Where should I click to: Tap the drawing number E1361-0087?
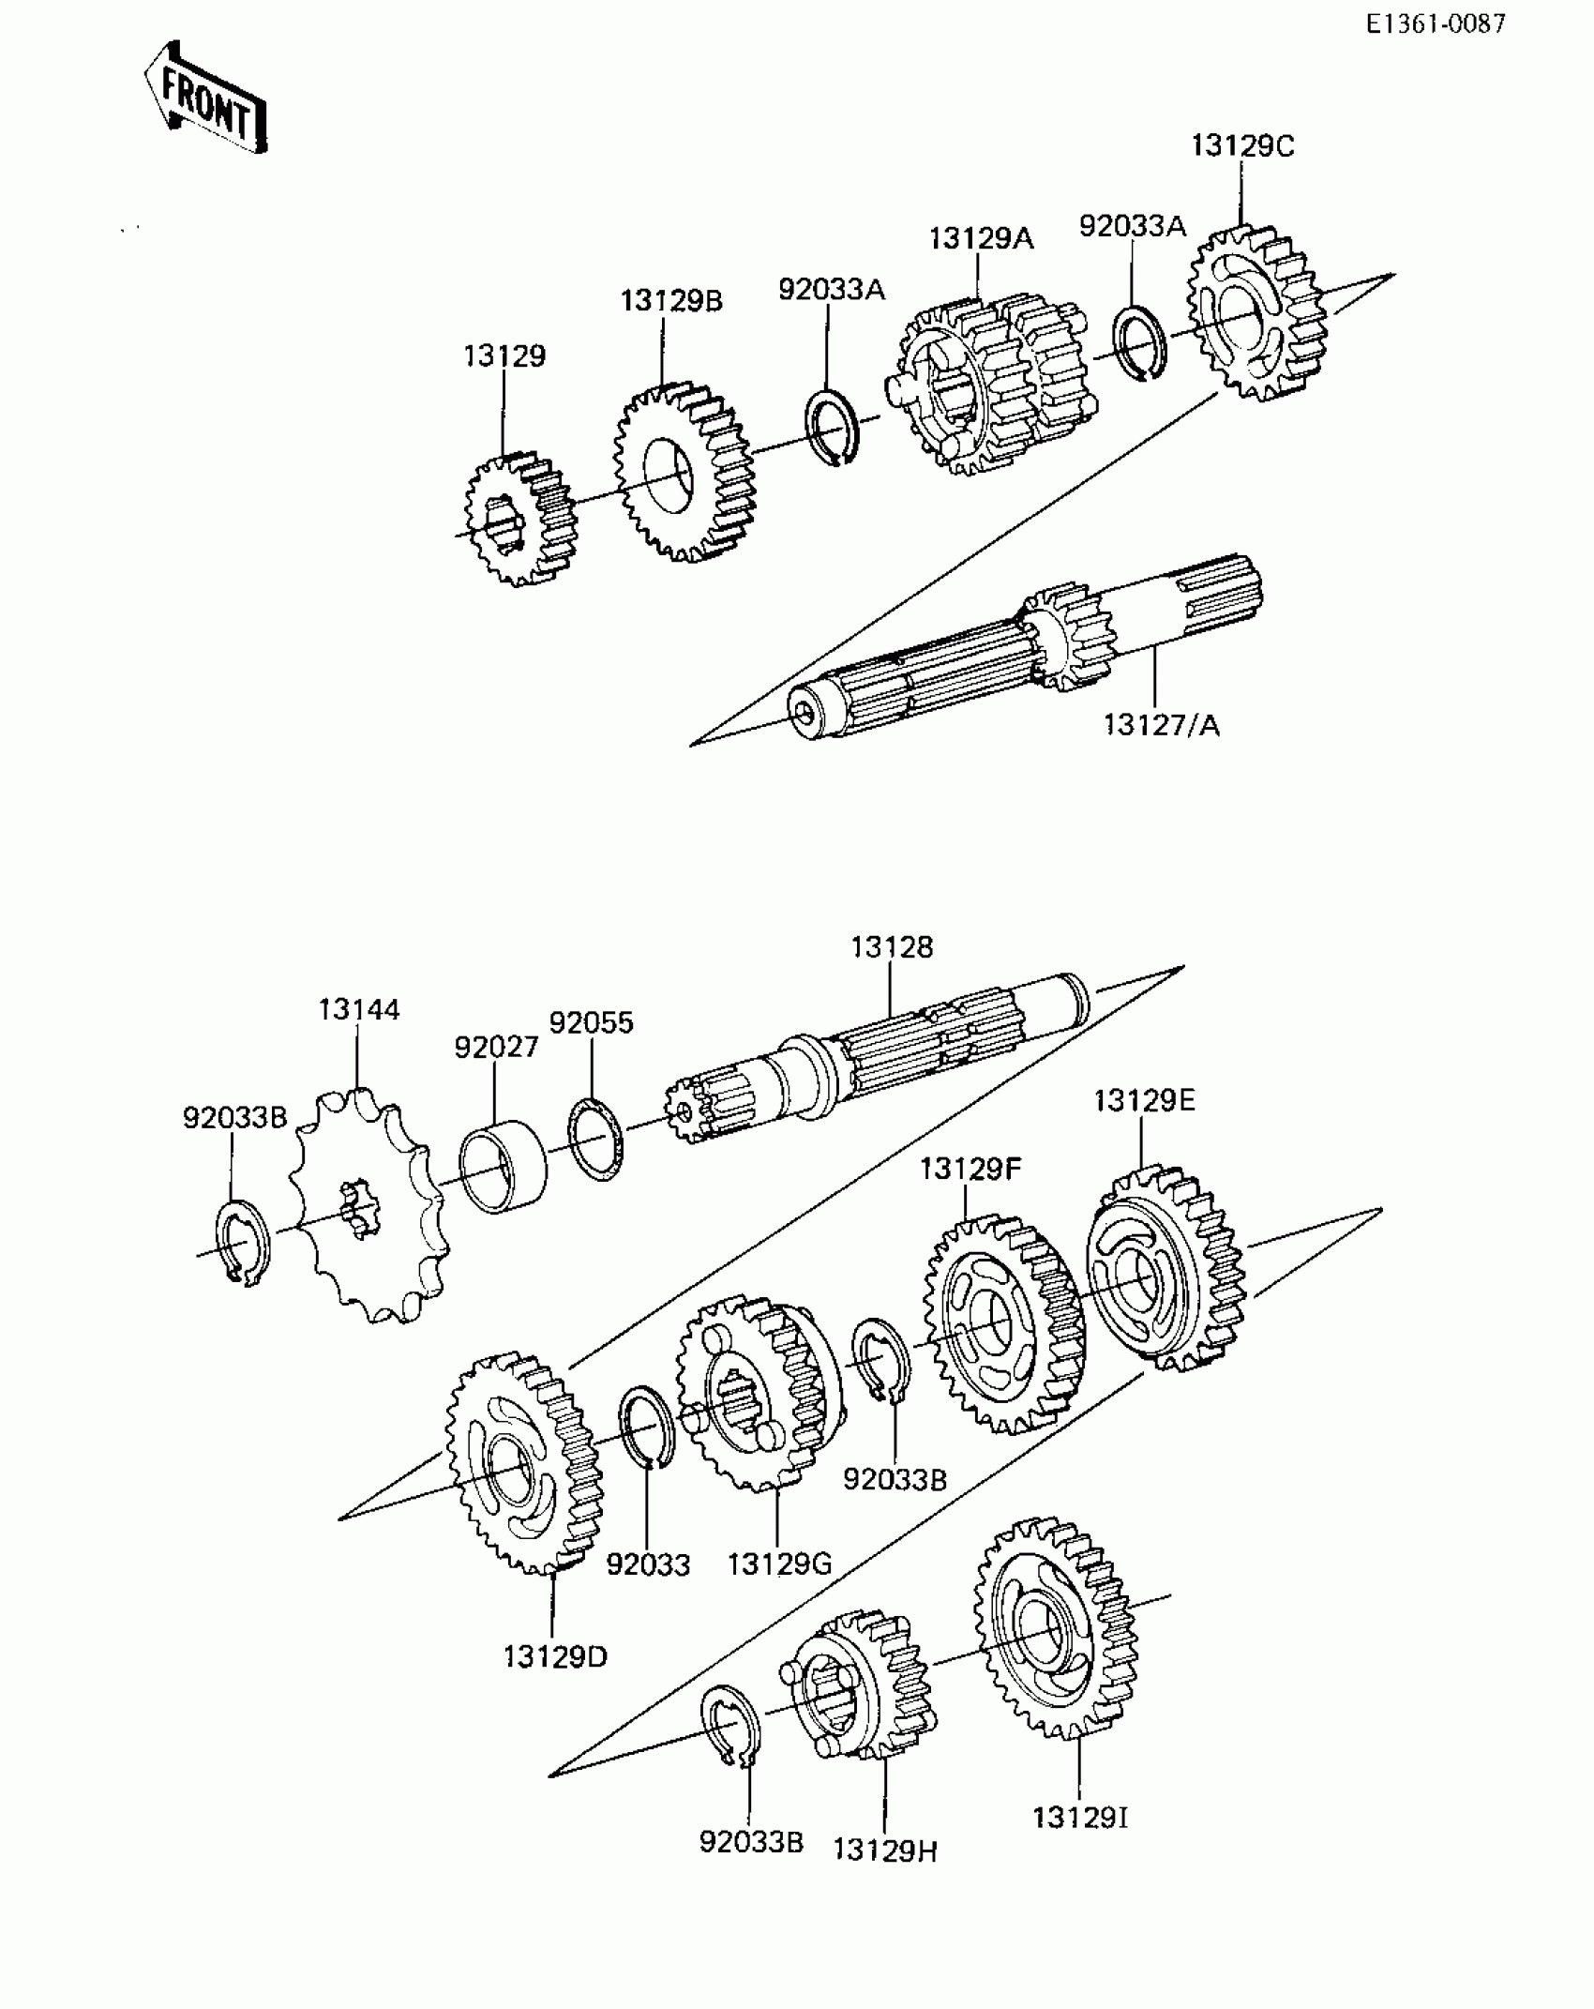coord(1435,23)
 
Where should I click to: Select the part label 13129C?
coord(1242,146)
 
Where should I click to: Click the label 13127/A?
coord(1162,725)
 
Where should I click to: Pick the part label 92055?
coord(592,1022)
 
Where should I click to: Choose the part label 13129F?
coord(970,1169)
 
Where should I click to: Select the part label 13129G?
coord(779,1563)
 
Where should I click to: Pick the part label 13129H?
coord(885,1851)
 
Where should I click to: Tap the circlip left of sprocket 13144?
coord(243,1242)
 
